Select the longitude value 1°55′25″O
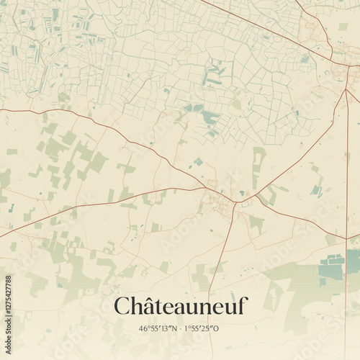[202, 329]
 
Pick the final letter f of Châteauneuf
[243, 307]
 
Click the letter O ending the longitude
[217, 329]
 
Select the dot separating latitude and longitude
[181, 329]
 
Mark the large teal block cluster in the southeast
[333, 268]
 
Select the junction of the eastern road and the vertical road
[347, 238]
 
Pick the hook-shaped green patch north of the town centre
[258, 159]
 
